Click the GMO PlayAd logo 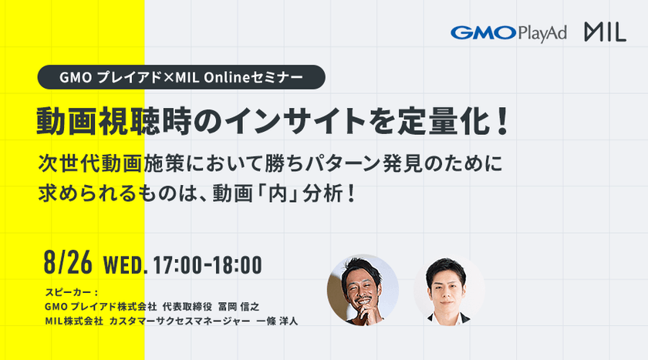pos(508,33)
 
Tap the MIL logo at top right pos(604,33)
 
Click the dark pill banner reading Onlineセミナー pos(183,77)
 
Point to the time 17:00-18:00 pos(208,264)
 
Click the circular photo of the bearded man pos(363,288)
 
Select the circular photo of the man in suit pos(449,288)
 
